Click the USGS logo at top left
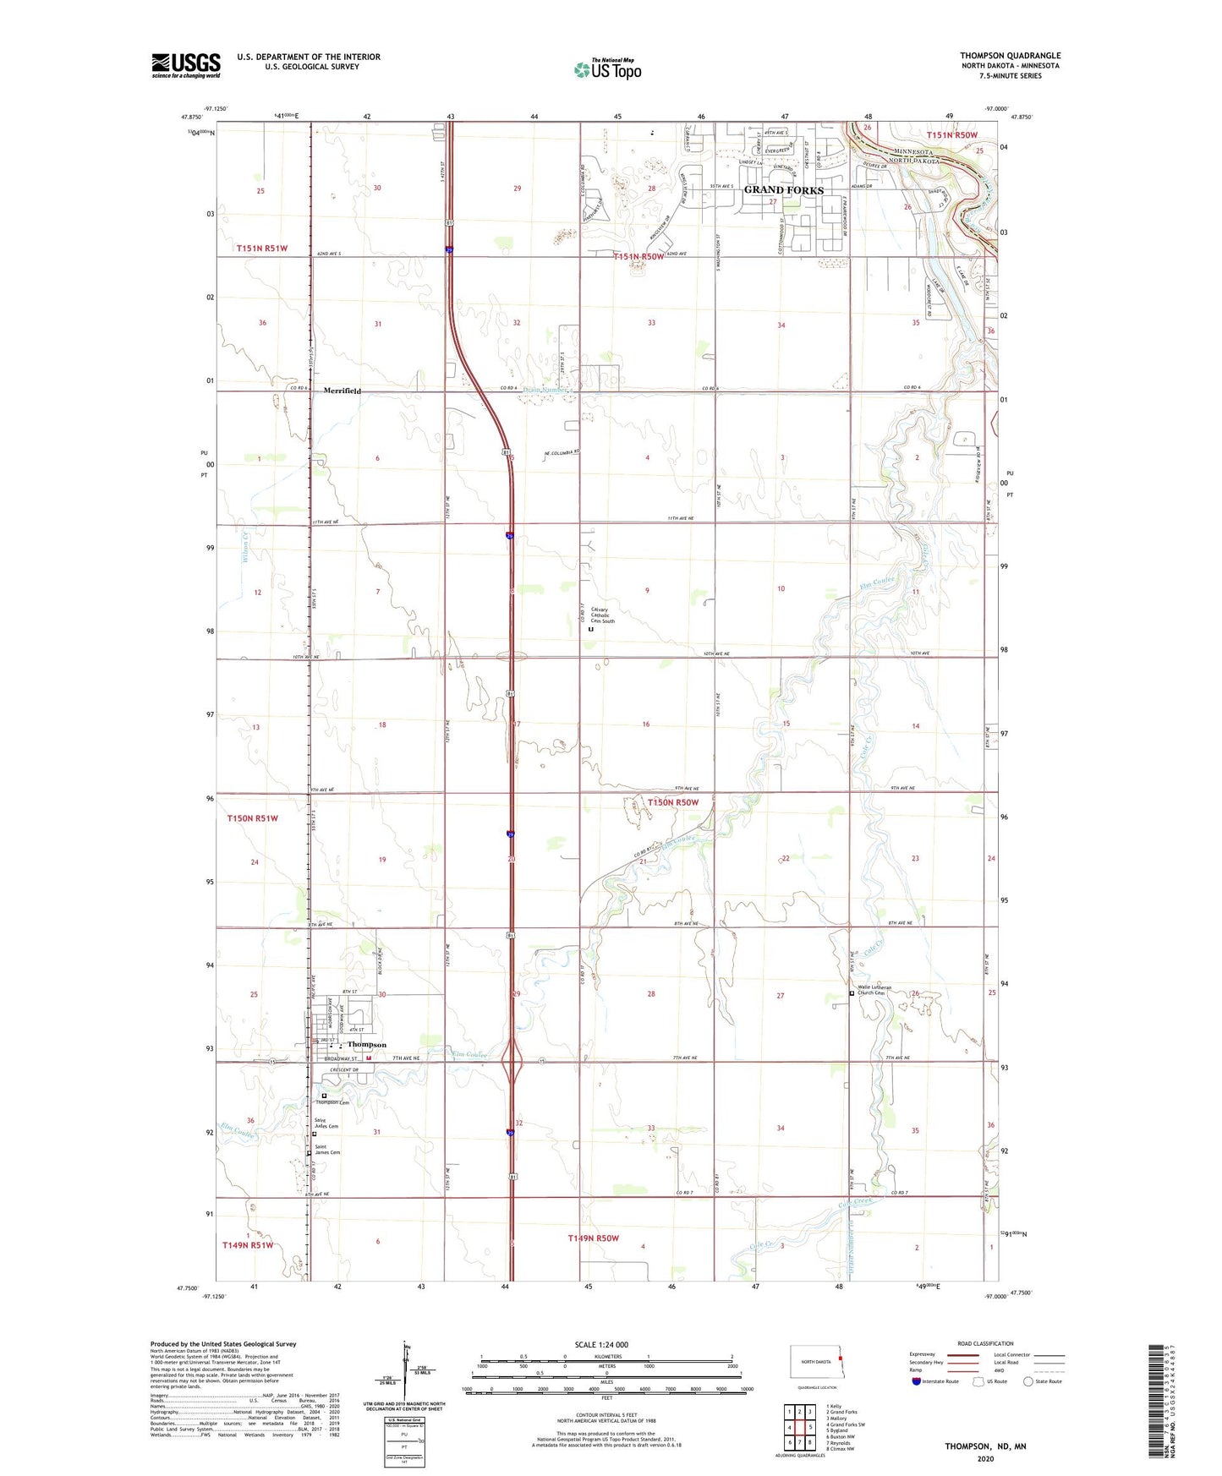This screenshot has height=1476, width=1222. point(186,65)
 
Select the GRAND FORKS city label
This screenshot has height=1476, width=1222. point(783,190)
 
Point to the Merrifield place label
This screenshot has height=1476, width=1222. point(342,391)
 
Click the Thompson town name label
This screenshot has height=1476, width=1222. point(366,1045)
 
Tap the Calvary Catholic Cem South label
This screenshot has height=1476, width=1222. point(602,615)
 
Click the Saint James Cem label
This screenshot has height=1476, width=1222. point(327,1151)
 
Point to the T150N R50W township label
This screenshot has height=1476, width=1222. point(673,802)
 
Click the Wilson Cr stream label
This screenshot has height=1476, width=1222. point(245,546)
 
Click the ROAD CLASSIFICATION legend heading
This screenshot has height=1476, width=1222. point(985,1343)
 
